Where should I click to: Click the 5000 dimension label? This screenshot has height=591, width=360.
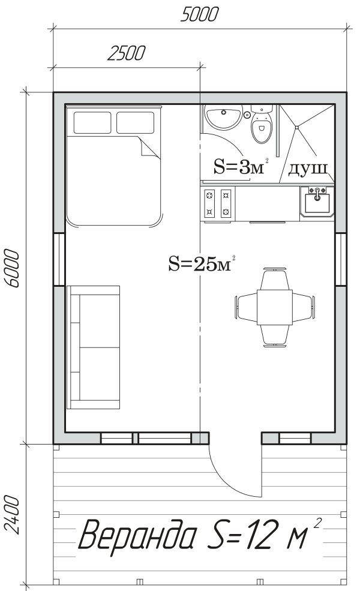click(x=199, y=14)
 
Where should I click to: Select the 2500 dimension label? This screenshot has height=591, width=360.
click(x=126, y=53)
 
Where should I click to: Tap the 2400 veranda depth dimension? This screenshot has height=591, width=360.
click(x=13, y=515)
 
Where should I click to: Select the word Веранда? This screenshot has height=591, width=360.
click(x=138, y=535)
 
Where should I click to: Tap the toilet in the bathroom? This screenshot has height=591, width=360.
click(x=262, y=124)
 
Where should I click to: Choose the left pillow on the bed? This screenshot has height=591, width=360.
click(x=92, y=122)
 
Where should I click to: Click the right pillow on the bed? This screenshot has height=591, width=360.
click(x=136, y=122)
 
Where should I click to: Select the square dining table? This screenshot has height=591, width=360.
click(x=275, y=307)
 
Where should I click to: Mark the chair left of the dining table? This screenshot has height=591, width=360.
click(x=247, y=308)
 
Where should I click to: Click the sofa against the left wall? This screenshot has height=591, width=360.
click(x=93, y=347)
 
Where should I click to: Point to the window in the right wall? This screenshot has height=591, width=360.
click(x=341, y=259)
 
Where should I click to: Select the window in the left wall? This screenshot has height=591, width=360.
click(x=59, y=259)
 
